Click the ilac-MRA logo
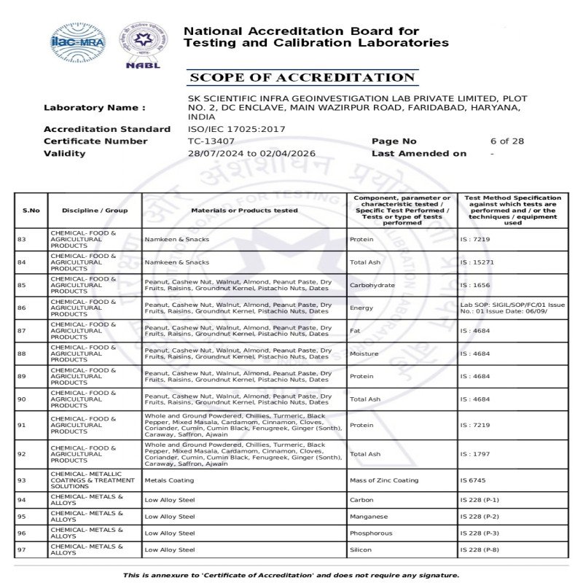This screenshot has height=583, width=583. [77, 42]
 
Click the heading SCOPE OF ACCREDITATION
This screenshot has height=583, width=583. [302, 78]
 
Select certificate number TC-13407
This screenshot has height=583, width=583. [211, 141]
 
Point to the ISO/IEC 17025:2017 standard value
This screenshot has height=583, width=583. [237, 129]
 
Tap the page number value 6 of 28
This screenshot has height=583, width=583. [506, 141]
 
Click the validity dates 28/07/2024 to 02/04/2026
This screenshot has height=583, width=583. [251, 154]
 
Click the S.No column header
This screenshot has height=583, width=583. [31, 211]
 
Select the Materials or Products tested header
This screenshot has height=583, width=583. [244, 211]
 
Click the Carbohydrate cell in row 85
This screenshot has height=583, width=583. [372, 285]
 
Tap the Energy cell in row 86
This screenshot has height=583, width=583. [362, 308]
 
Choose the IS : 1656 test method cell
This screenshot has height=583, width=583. [474, 285]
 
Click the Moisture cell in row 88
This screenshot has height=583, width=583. [364, 353]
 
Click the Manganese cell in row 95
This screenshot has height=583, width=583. [369, 517]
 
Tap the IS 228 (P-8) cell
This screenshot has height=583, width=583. [480, 550]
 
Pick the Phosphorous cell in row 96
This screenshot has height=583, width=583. [372, 533]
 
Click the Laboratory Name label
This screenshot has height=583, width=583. [95, 108]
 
